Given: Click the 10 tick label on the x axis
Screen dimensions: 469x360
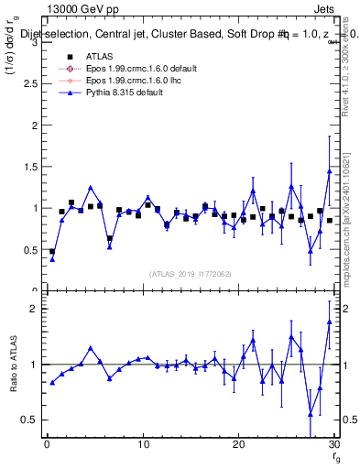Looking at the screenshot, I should pyautogui.click(x=143, y=445).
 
